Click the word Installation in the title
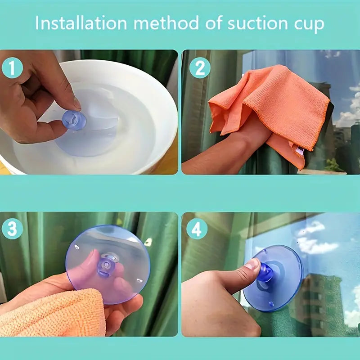pyautogui.click(x=81, y=23)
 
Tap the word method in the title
pyautogui.click(x=166, y=23)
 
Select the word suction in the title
pyautogui.click(x=257, y=23)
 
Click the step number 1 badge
pyautogui.click(x=13, y=68)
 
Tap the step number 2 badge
pyautogui.click(x=200, y=68)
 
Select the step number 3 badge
pyautogui.click(x=13, y=229)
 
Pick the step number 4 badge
pyautogui.click(x=197, y=229)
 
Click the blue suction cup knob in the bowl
pyautogui.click(x=74, y=120)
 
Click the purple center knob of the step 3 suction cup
pyautogui.click(x=106, y=266)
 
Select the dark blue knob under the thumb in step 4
pyautogui.click(x=265, y=273)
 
